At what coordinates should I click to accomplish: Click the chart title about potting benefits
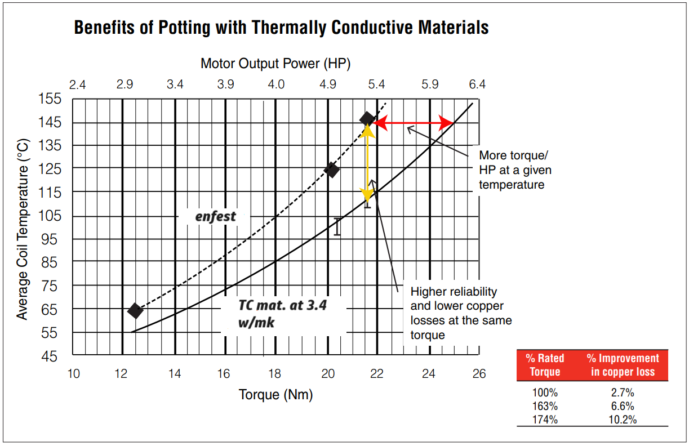pos(281,28)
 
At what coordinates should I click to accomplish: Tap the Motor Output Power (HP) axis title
pos(275,64)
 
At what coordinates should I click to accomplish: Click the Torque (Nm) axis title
pos(275,394)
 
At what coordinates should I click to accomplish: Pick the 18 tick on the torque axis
pos(275,373)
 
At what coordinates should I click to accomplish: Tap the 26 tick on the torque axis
pos(479,373)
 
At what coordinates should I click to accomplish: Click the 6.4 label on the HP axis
pos(477,85)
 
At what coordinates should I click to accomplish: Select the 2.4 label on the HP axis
pos(77,85)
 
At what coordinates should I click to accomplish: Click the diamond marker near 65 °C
pos(135,310)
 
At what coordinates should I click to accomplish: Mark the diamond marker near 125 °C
pos(332,170)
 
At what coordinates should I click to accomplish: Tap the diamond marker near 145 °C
pos(367,119)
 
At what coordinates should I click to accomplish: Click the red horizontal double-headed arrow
pos(414,123)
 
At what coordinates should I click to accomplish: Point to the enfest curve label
pos(215,216)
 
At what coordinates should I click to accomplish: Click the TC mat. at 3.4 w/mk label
pos(282,314)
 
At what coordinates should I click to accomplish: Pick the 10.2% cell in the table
pos(622,420)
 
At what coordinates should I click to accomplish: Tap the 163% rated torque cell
pos(545,406)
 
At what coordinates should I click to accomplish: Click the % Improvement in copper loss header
pos(622,365)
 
